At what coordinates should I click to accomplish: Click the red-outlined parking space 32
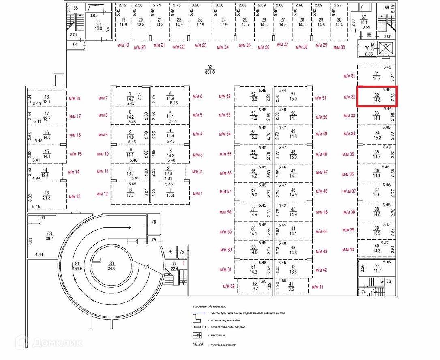tap(377, 97)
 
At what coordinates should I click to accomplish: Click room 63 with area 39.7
tap(50, 236)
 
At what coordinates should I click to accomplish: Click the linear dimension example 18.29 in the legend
tap(197, 344)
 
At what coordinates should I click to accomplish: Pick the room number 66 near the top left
tap(98, 24)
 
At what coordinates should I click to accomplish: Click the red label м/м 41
tap(318, 287)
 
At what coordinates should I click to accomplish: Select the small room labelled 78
tap(154, 222)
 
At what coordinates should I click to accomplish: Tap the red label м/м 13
tap(75, 196)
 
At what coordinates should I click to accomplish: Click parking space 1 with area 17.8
tap(170, 193)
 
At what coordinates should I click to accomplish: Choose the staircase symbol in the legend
tap(197, 335)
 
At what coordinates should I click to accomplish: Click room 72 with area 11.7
tap(377, 268)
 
